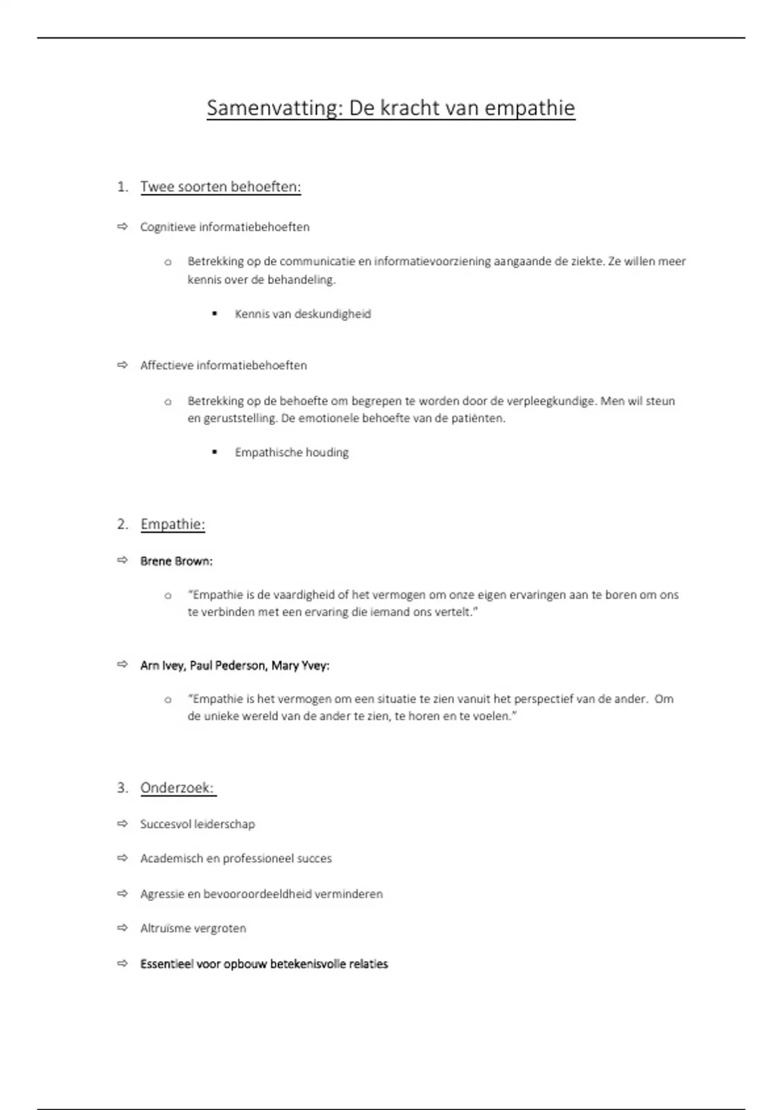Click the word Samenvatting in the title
pyautogui.click(x=274, y=108)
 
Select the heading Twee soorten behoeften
pyautogui.click(x=221, y=187)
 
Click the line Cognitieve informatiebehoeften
pyautogui.click(x=224, y=227)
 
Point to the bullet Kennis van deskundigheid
pyautogui.click(x=303, y=314)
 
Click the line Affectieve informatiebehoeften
pyautogui.click(x=223, y=366)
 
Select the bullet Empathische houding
pyautogui.click(x=292, y=452)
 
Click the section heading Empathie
pyautogui.click(x=172, y=524)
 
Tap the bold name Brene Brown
pyautogui.click(x=176, y=561)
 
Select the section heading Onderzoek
pyautogui.click(x=177, y=788)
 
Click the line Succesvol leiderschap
pyautogui.click(x=197, y=824)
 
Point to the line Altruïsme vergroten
pyautogui.click(x=193, y=928)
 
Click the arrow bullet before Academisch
pyautogui.click(x=123, y=858)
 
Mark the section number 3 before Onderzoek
pyautogui.click(x=121, y=788)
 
